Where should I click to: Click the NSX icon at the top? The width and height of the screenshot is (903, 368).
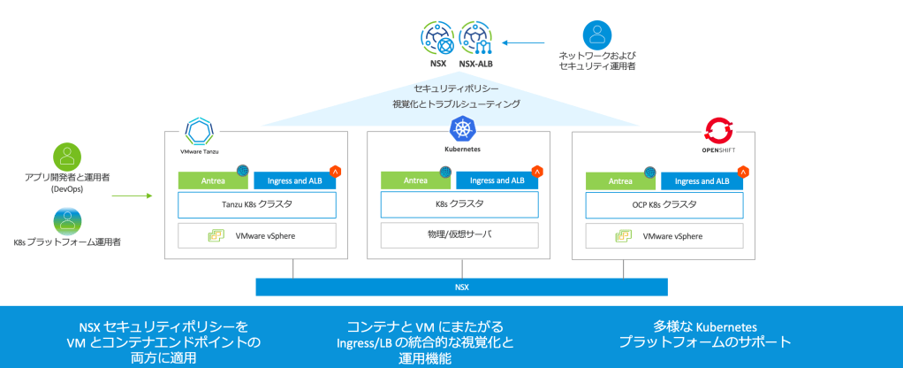pos(436,38)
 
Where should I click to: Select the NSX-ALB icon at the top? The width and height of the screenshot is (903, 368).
pos(476,38)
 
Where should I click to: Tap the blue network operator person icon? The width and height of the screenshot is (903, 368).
pos(596,35)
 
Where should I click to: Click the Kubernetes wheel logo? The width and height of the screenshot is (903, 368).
pos(462,131)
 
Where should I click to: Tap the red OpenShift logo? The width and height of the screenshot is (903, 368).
pos(718,132)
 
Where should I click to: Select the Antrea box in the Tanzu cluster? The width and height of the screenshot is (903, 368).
pos(212,180)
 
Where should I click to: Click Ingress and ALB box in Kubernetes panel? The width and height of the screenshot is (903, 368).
pos(494,180)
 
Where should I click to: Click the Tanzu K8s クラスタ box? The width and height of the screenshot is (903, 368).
pos(257,204)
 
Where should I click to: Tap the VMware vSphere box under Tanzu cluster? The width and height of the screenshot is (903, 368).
pos(257,235)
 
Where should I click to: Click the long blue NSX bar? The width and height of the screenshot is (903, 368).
pos(460,287)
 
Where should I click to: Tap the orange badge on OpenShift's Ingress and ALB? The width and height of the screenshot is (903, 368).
pos(741,171)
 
